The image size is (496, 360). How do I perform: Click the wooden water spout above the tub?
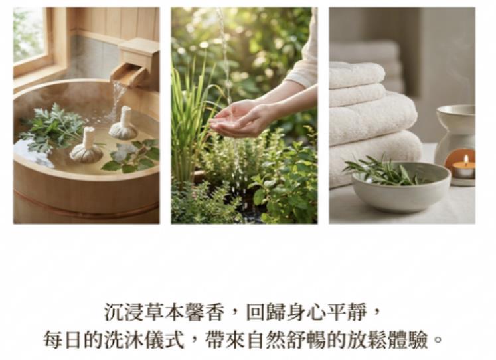pos(134,63)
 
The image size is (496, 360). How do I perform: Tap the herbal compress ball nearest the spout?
pos(124,124)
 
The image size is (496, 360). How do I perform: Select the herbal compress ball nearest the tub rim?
pos(86,145)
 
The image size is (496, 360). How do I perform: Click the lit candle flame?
pos(465,159)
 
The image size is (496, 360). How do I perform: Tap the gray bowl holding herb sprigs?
pos(401,187)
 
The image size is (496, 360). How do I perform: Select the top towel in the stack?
pos(357,74)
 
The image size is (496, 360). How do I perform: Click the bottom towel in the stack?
pos(375,158)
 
